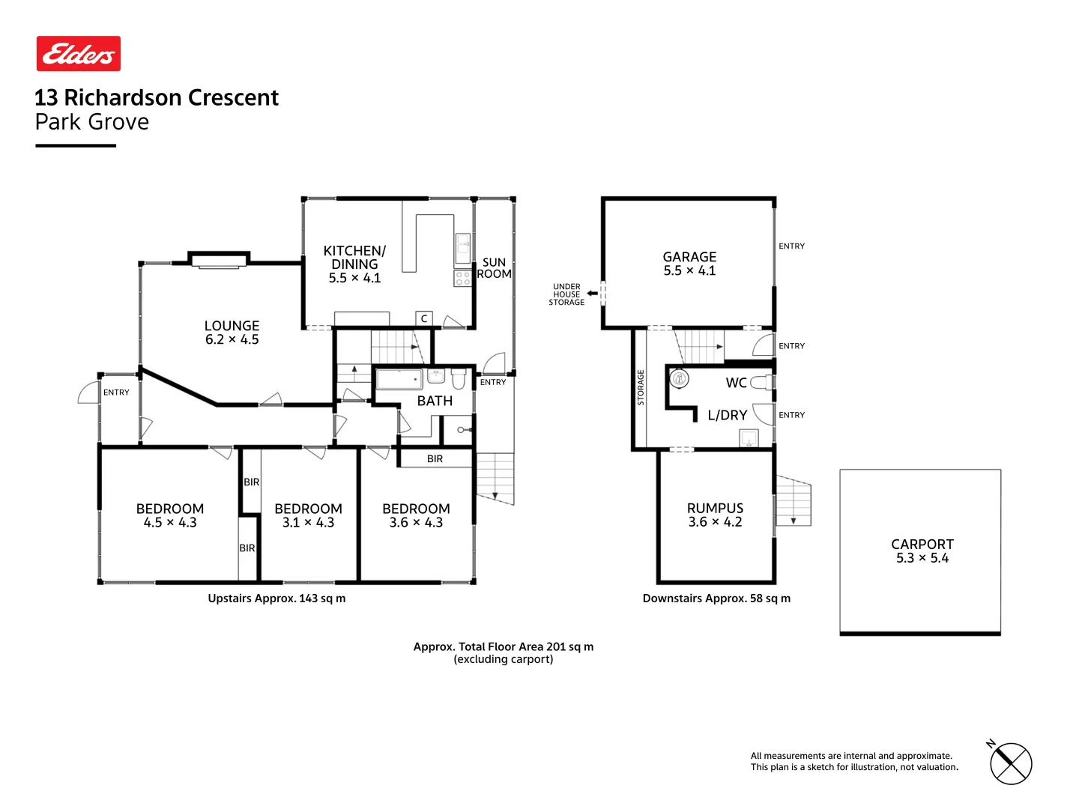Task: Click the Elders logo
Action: (x=79, y=54)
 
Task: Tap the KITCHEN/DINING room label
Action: (x=354, y=264)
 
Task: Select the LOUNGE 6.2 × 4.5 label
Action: (x=232, y=333)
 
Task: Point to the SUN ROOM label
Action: (x=494, y=268)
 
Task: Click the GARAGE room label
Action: (x=689, y=264)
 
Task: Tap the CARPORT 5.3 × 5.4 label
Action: (x=922, y=551)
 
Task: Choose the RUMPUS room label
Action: (x=715, y=515)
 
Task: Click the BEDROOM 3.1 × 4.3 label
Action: (x=308, y=515)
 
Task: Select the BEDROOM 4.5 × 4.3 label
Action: (x=170, y=515)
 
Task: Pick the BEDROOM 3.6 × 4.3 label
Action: (x=416, y=515)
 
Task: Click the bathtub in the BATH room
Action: (x=399, y=379)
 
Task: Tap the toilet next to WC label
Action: (x=761, y=383)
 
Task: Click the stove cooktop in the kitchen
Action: (x=462, y=279)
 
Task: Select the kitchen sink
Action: (x=463, y=245)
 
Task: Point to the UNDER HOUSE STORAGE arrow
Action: (x=592, y=294)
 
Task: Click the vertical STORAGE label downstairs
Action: (x=641, y=387)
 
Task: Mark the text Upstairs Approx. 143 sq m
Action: (x=276, y=599)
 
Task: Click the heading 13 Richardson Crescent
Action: (x=157, y=97)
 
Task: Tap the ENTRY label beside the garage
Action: (x=791, y=246)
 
